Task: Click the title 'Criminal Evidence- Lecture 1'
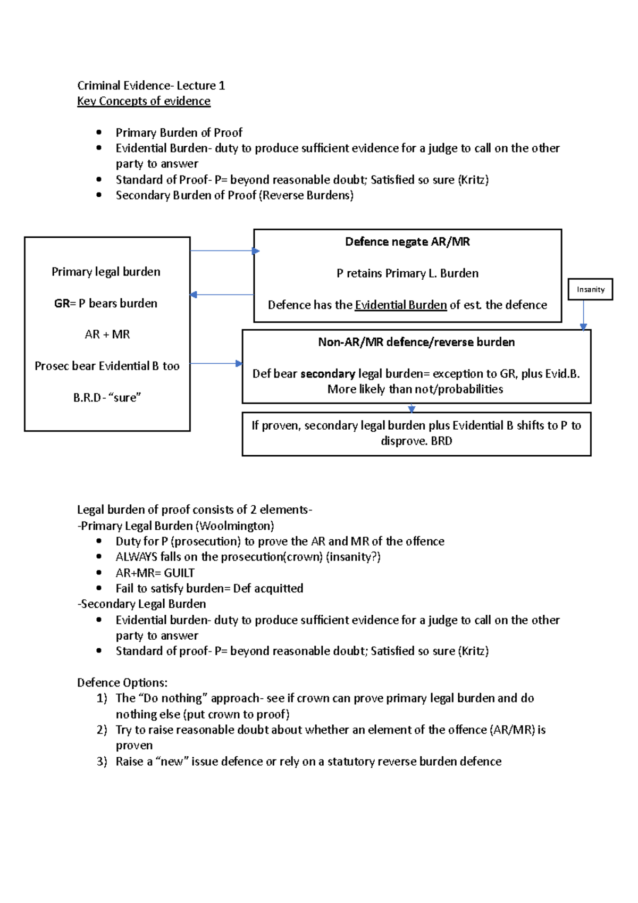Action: [x=151, y=86]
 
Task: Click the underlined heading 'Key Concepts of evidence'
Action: [x=144, y=101]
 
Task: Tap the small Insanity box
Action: [x=590, y=289]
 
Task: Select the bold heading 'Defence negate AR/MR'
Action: [x=407, y=242]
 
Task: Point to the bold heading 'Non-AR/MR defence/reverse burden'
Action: [x=416, y=342]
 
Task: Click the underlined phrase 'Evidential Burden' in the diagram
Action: [x=400, y=305]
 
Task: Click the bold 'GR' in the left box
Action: [x=62, y=303]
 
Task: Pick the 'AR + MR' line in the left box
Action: [x=107, y=335]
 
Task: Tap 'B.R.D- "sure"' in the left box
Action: [x=107, y=397]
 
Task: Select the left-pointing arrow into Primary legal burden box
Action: [x=221, y=295]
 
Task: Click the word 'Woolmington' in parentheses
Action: [x=234, y=526]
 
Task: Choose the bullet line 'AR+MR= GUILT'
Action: [x=155, y=573]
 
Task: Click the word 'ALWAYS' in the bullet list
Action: [x=136, y=557]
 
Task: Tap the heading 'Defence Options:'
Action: [x=122, y=682]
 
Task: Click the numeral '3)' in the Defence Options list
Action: [x=102, y=762]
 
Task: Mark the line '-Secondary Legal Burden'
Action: [x=141, y=604]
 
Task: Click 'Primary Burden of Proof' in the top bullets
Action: [x=179, y=132]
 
